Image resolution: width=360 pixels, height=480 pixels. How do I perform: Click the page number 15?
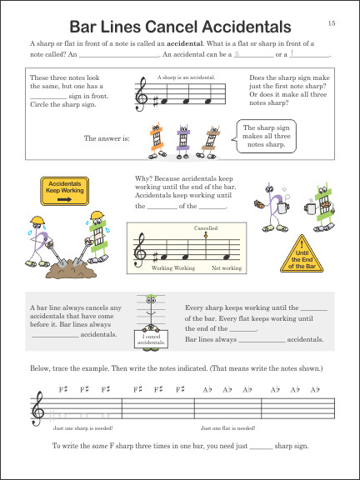click(332, 22)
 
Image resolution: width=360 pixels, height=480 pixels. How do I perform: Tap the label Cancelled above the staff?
click(206, 227)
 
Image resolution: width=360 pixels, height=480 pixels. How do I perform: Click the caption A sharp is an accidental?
click(186, 77)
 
